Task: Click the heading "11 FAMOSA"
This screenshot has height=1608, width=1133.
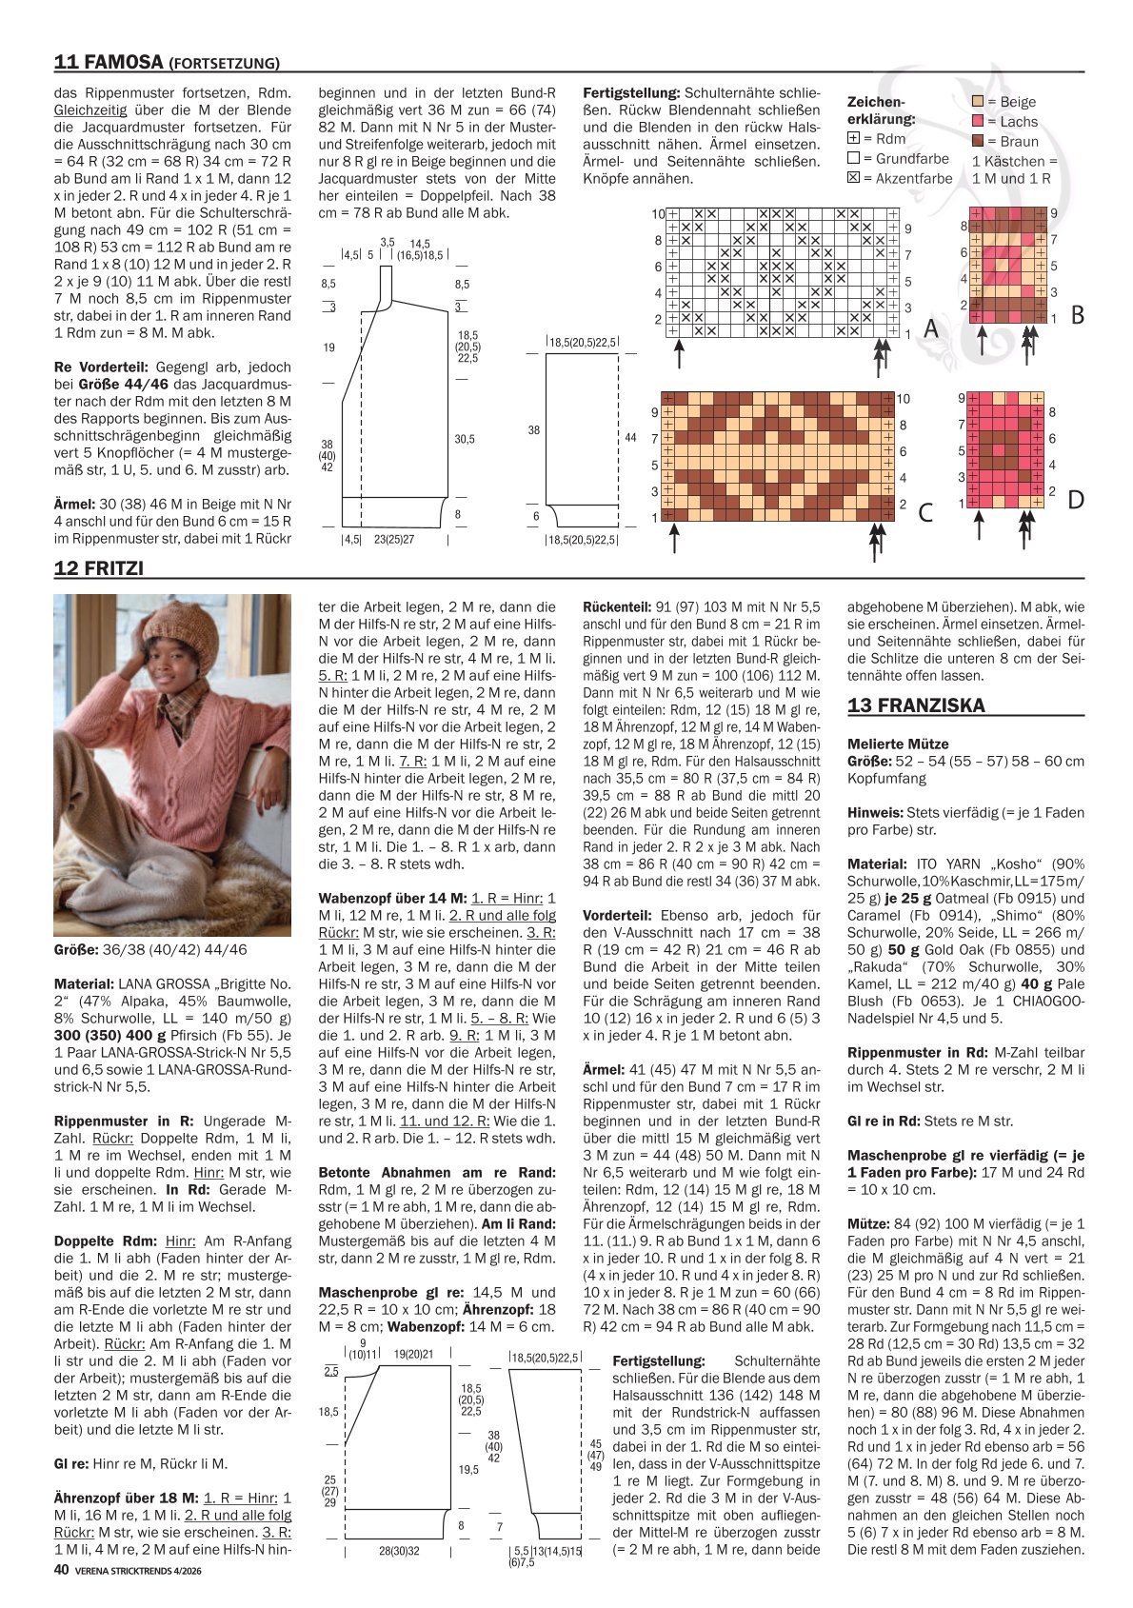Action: tap(109, 63)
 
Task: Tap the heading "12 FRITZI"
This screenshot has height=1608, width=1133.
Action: tap(98, 567)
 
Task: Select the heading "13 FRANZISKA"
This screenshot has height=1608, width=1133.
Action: tap(916, 705)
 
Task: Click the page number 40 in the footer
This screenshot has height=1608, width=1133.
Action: tap(62, 1569)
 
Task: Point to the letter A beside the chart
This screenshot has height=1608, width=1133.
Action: tap(930, 328)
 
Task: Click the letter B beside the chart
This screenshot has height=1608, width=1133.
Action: tap(1077, 314)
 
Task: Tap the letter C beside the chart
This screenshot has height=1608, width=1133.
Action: tap(925, 512)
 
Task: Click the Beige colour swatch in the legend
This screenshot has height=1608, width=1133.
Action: tap(978, 101)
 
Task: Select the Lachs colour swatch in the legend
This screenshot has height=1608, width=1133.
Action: tap(978, 121)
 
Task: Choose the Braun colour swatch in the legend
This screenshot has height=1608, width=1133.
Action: tap(978, 141)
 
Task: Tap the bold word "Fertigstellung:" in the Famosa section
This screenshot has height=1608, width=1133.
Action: tap(631, 92)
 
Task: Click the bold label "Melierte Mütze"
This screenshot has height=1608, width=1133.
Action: tap(898, 744)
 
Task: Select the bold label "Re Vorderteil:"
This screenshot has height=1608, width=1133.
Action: tap(101, 367)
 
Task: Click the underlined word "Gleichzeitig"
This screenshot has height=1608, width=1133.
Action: tap(90, 109)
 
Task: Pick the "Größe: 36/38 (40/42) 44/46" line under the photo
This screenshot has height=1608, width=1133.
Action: tap(150, 949)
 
